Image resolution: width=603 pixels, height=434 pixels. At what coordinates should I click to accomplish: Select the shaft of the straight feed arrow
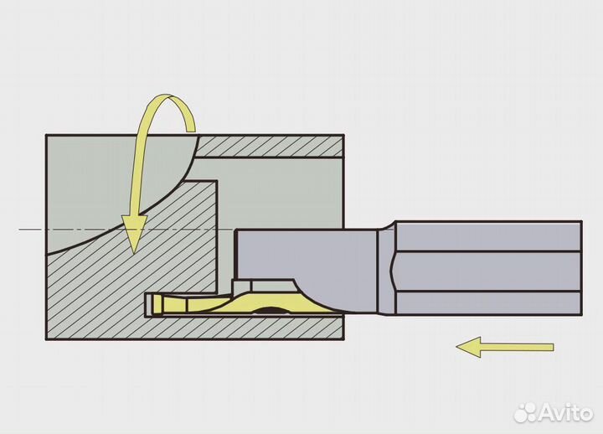[x=518, y=348]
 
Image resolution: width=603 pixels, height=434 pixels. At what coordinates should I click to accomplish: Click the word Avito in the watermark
[x=566, y=413]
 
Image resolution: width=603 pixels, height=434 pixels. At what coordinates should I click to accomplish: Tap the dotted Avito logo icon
[x=526, y=413]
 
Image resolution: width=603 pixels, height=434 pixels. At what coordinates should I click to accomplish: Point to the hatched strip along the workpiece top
[x=270, y=147]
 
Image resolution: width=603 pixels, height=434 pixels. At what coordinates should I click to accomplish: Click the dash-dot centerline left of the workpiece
[x=33, y=230]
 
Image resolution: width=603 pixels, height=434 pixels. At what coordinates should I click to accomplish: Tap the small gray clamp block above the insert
[x=241, y=286]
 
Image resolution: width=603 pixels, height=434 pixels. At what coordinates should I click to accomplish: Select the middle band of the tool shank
[x=487, y=271]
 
